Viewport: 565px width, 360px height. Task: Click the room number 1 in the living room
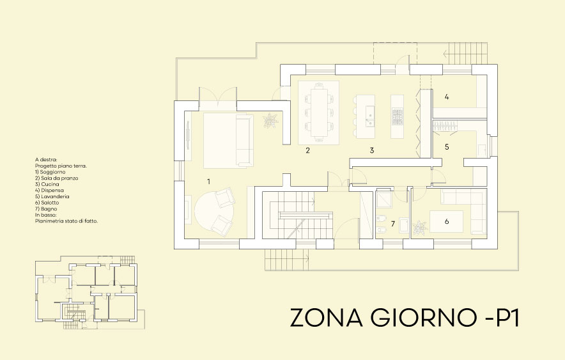click(x=208, y=181)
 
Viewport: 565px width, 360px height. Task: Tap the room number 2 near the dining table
click(x=307, y=150)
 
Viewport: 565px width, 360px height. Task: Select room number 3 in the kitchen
click(x=372, y=150)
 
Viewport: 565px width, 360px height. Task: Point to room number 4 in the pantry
click(x=447, y=97)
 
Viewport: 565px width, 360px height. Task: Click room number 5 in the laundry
click(x=447, y=146)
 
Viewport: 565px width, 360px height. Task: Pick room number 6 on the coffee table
click(x=447, y=221)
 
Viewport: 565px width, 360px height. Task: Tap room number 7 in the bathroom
click(x=393, y=224)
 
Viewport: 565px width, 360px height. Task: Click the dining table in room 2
click(x=319, y=113)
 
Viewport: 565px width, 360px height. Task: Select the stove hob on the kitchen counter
click(x=398, y=116)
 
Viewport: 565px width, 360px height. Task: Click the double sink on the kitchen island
click(x=369, y=116)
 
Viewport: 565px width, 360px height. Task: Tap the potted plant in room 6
click(x=419, y=228)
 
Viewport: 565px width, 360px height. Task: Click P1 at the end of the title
click(x=508, y=317)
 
